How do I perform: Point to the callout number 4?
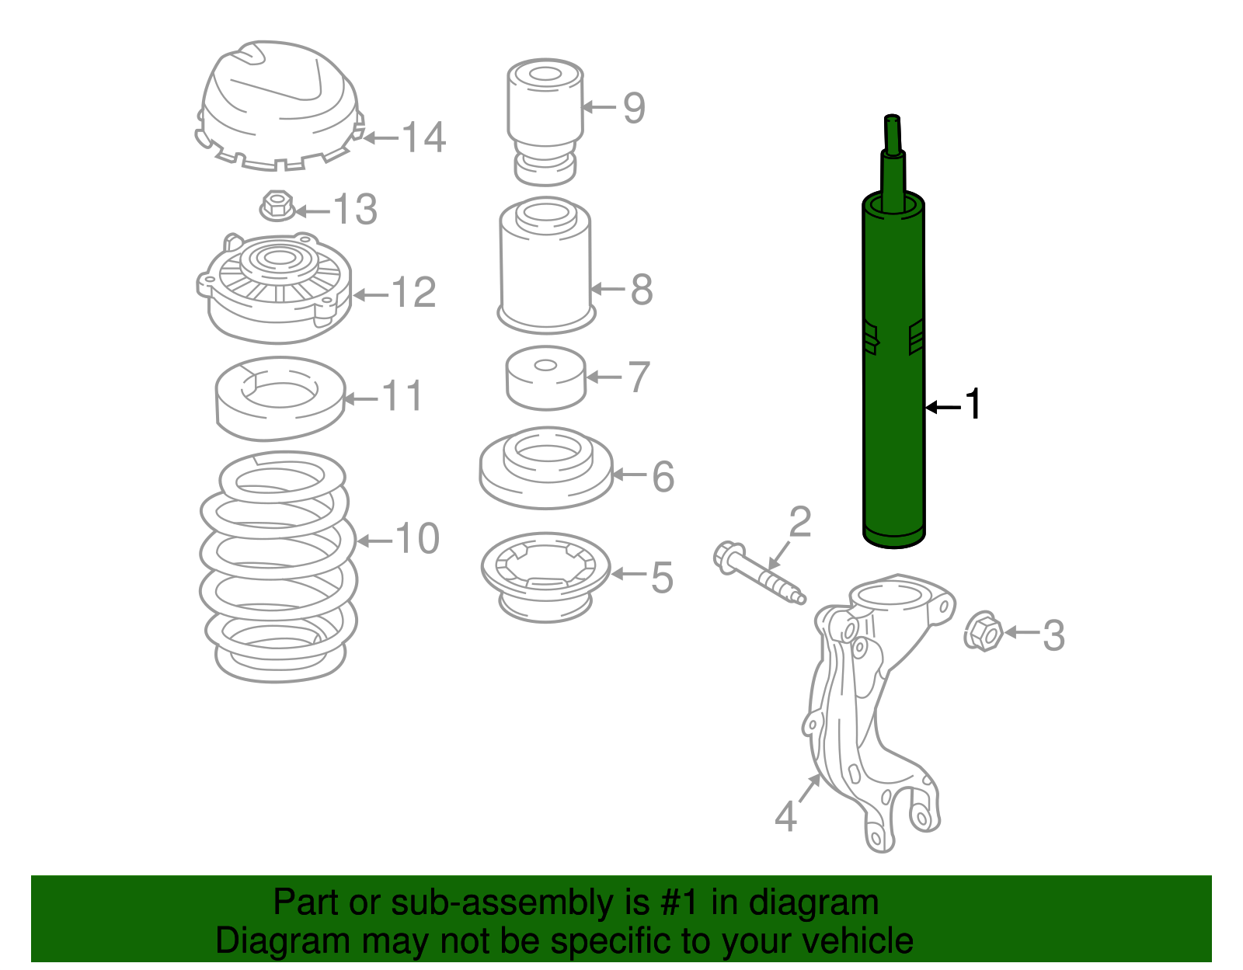[x=786, y=817]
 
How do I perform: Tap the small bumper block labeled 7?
[x=545, y=379]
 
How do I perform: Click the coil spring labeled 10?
[x=278, y=567]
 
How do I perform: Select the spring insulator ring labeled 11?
[x=280, y=400]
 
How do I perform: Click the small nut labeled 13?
[x=277, y=207]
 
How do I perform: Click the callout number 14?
[x=424, y=138]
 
